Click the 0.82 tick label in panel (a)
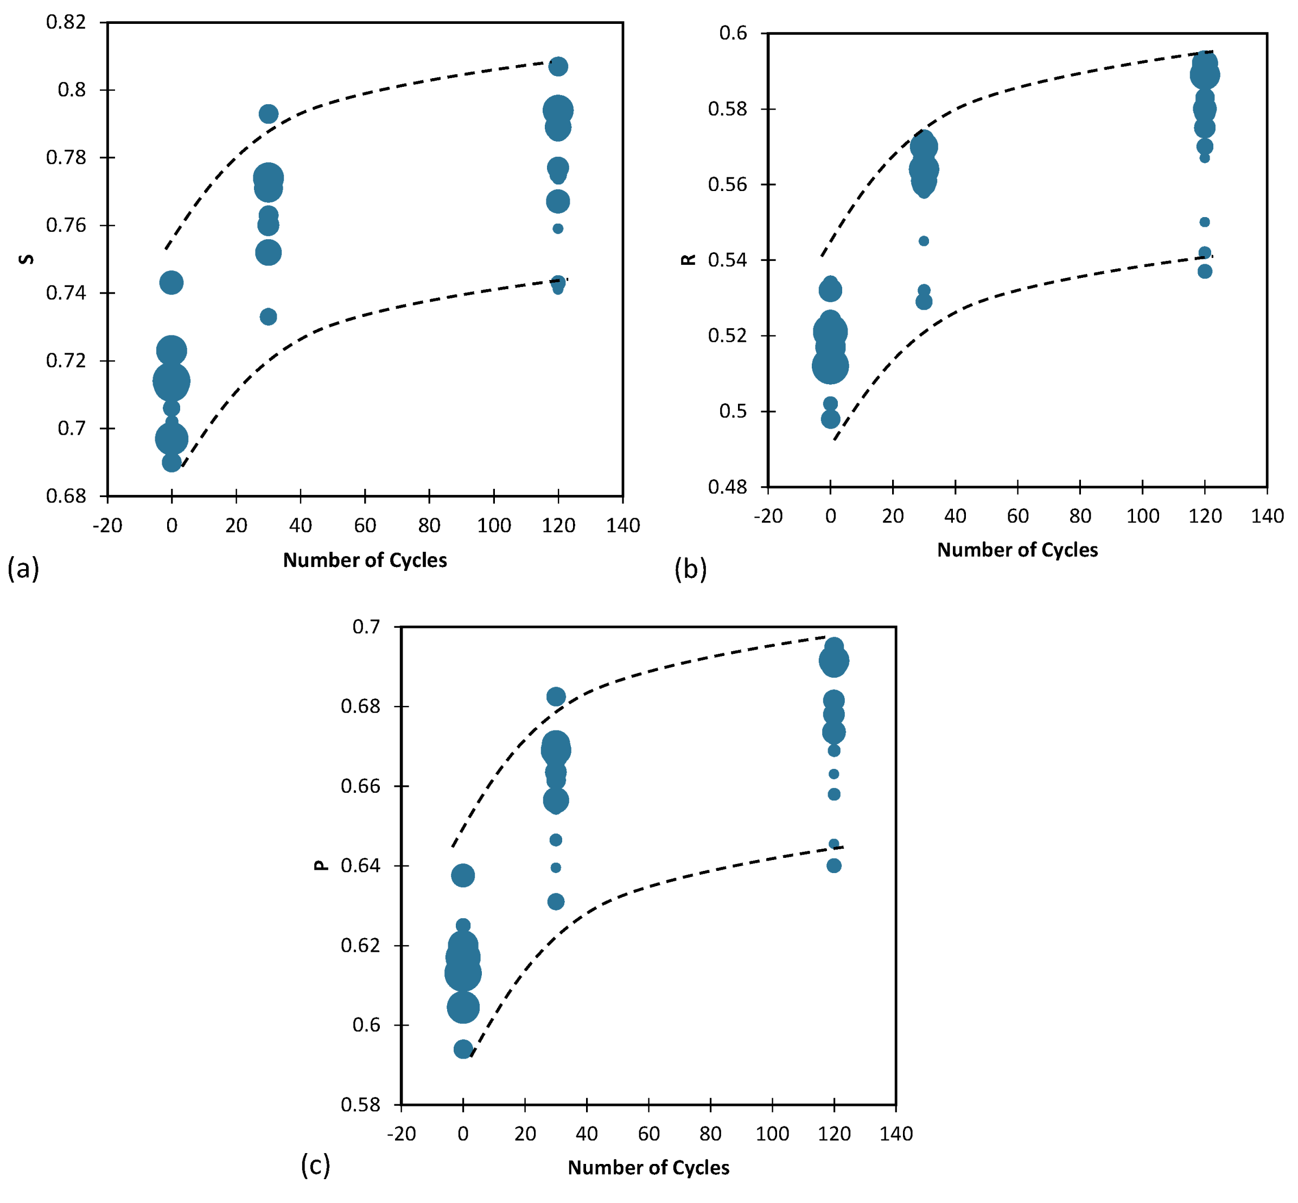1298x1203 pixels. (66, 22)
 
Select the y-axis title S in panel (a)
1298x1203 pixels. (27, 259)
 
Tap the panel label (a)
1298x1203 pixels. (23, 568)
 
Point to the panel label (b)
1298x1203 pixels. (690, 568)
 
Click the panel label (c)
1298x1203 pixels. (315, 1164)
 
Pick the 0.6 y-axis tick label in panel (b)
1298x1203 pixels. (733, 33)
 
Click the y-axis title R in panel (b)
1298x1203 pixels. (688, 260)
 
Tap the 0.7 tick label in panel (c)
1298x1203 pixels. (366, 626)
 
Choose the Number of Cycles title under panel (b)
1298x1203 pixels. (1017, 550)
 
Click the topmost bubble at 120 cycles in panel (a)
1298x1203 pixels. (558, 66)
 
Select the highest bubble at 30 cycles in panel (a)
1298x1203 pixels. (268, 114)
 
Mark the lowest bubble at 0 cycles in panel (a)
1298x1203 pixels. (171, 462)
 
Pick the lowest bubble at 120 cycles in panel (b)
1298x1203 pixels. (1204, 271)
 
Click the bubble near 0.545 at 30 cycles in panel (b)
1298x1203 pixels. (923, 241)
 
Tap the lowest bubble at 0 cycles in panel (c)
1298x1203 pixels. (463, 1049)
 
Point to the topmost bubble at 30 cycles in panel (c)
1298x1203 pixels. (555, 697)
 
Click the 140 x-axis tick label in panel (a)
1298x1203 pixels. (622, 525)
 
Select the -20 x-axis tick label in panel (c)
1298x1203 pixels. (401, 1134)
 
